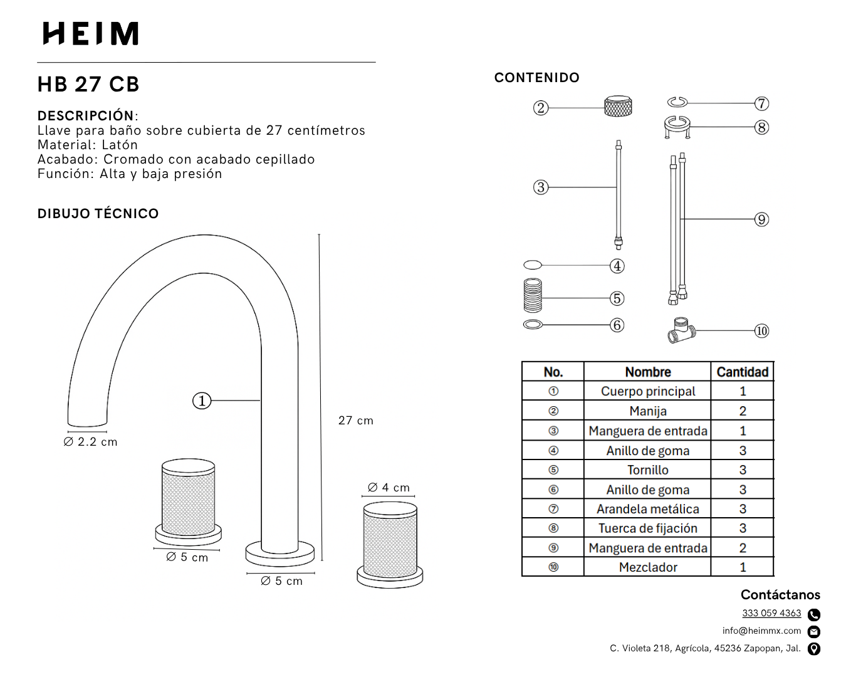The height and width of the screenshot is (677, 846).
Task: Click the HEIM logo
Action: coord(90,33)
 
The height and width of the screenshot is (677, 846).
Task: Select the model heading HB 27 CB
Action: coord(88,84)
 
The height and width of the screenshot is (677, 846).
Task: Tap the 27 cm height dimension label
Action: coord(356,421)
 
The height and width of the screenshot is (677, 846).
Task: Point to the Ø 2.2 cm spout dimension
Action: coord(90,442)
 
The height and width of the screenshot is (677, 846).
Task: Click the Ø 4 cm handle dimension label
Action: coord(389,488)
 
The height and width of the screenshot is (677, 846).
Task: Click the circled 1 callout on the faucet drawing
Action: coord(202,401)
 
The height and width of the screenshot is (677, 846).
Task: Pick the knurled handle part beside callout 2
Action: coord(619,106)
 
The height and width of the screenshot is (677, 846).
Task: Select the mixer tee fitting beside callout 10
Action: coord(681,330)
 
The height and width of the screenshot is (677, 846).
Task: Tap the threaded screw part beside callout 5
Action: coord(533,295)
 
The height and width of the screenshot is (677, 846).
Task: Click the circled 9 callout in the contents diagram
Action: coord(761,219)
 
